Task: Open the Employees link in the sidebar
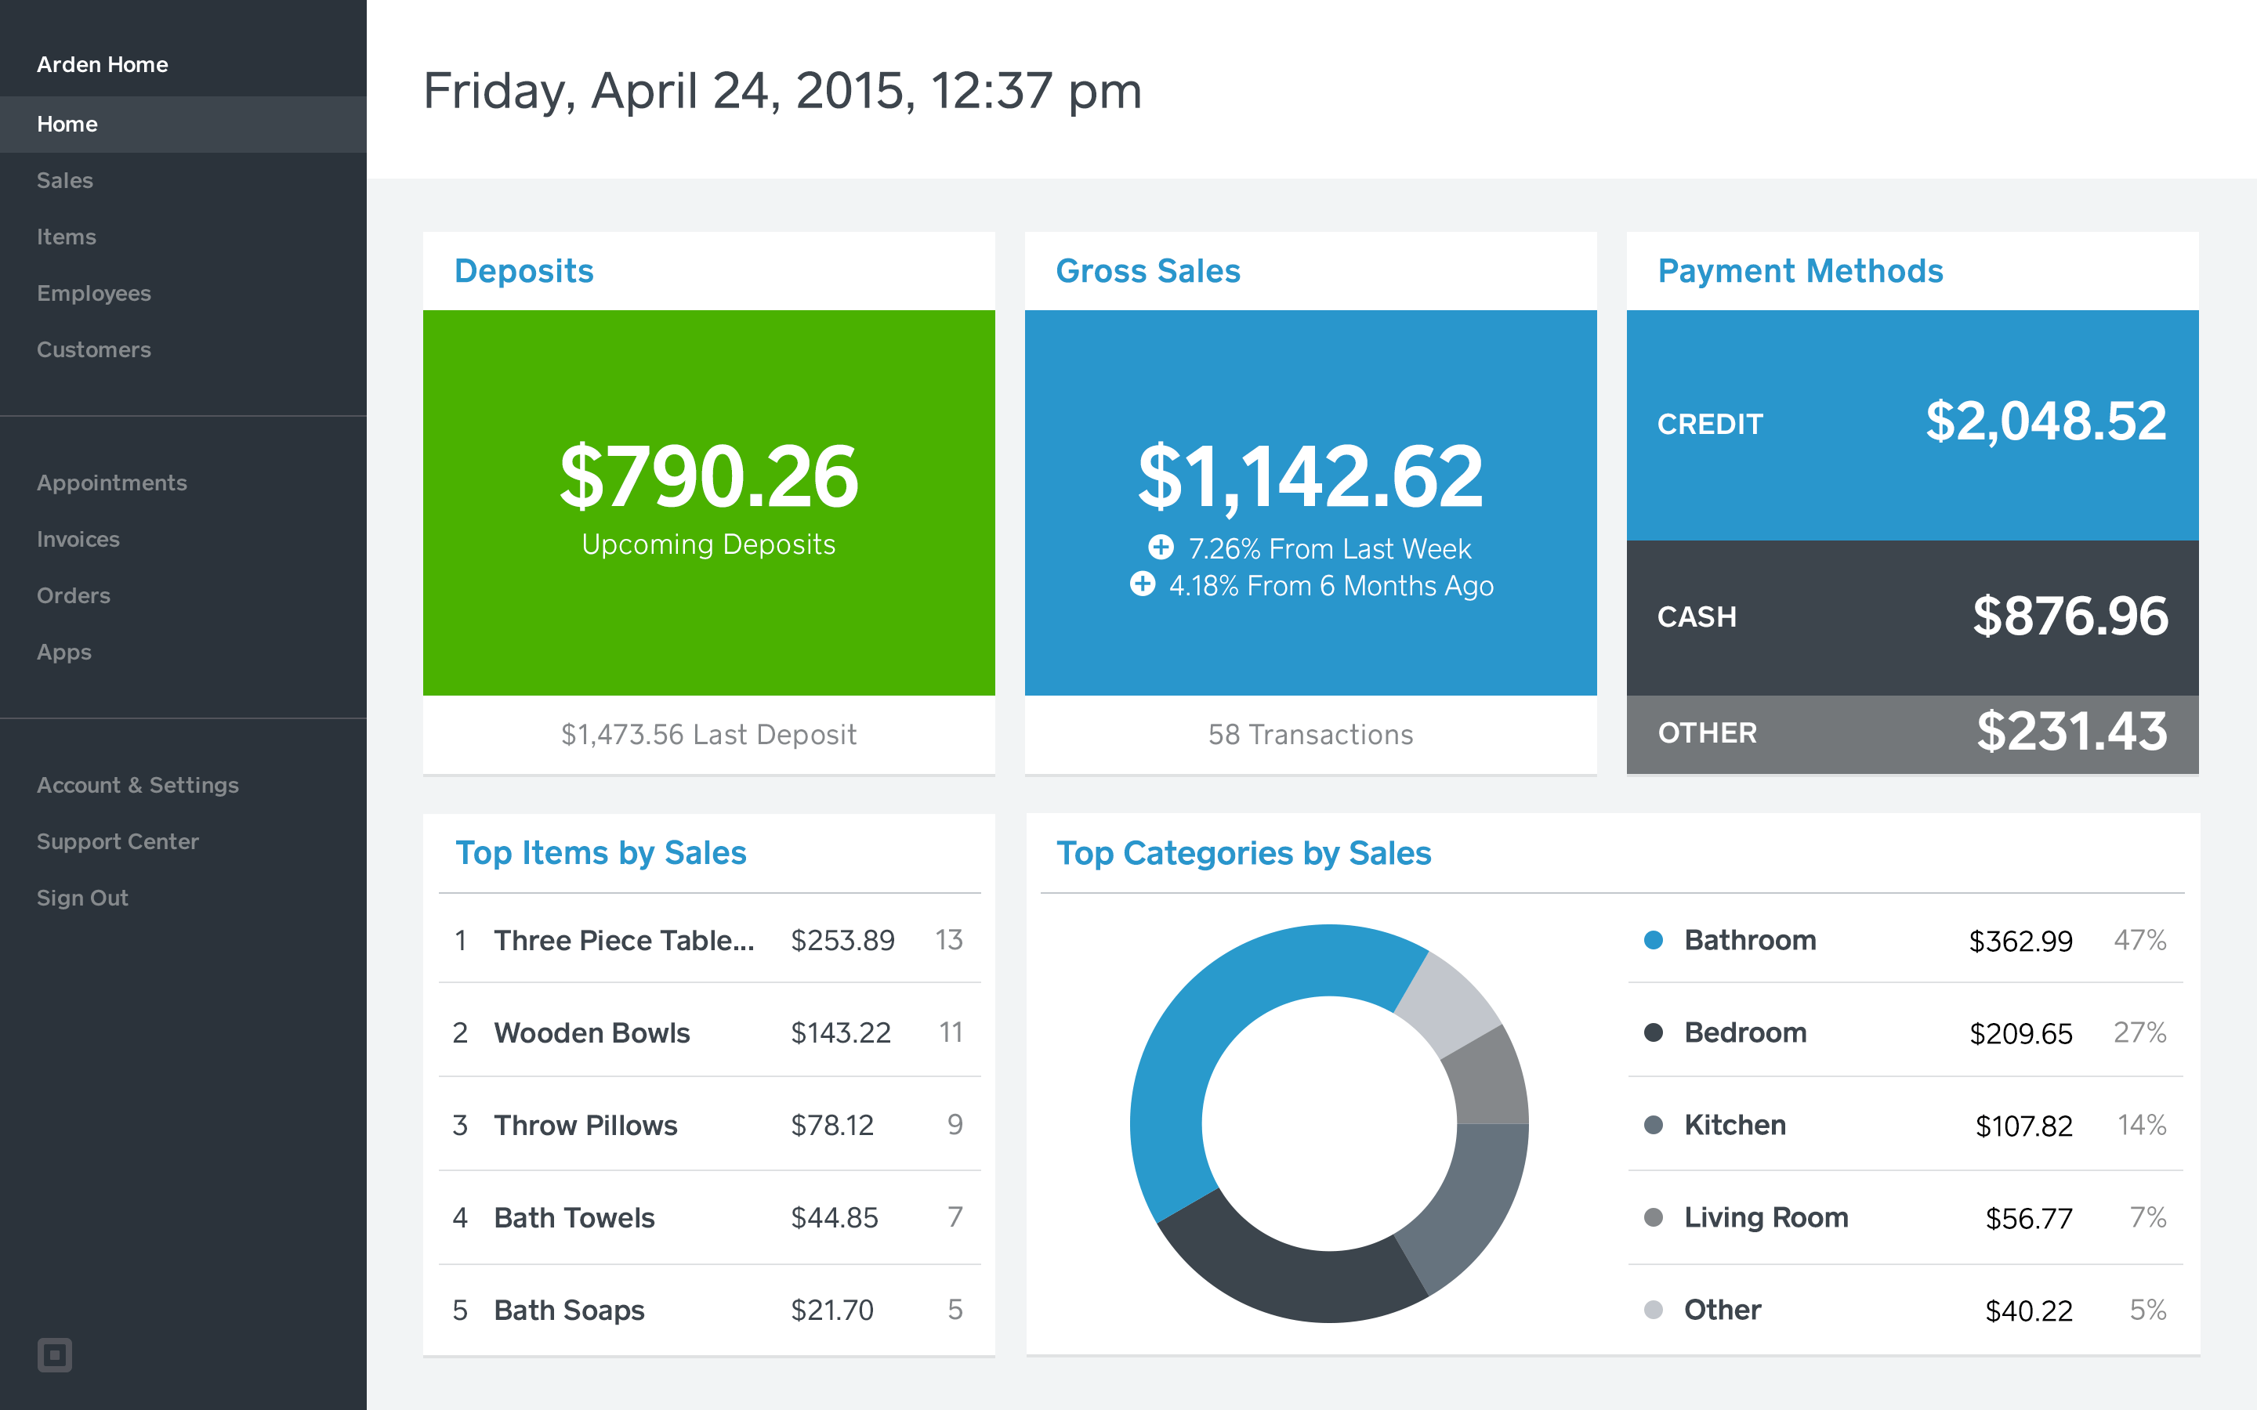click(93, 293)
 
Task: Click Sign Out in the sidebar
click(82, 897)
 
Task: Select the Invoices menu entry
click(78, 539)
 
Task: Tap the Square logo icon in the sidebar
click(54, 1354)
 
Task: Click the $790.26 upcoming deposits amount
click(708, 478)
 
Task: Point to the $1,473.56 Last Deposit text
click(708, 735)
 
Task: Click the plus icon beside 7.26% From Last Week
click(1160, 548)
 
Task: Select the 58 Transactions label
click(1310, 735)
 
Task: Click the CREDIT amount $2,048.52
click(2045, 421)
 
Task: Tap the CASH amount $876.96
click(2070, 616)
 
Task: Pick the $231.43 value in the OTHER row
click(2071, 732)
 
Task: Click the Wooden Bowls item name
click(592, 1032)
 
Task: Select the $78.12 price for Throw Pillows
click(832, 1126)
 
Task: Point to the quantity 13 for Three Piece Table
click(948, 940)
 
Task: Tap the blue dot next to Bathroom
click(1654, 940)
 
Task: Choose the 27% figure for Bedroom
click(2139, 1032)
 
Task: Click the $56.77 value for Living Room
click(2028, 1218)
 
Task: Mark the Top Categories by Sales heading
click(1243, 853)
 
